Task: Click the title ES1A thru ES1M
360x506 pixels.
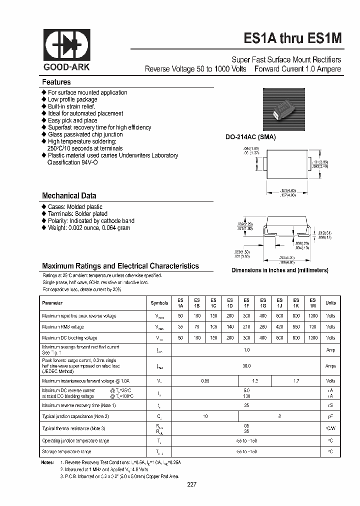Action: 292,38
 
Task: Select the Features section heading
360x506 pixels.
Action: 56,82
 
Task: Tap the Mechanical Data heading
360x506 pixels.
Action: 69,196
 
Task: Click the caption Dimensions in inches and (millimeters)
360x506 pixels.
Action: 279,270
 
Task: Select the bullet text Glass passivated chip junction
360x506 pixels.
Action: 85,134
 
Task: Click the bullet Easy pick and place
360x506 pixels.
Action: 72,120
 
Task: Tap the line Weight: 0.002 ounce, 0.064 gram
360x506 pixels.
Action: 88,228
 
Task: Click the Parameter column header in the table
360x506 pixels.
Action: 52,303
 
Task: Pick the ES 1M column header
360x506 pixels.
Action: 312,303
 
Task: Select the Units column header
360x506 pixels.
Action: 330,303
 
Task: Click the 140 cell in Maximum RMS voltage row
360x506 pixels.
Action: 229,326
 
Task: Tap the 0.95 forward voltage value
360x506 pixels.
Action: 205,381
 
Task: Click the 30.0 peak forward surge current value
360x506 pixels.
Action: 246,366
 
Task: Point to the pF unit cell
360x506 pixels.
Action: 330,416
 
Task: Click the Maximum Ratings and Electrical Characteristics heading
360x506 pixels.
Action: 120,266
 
